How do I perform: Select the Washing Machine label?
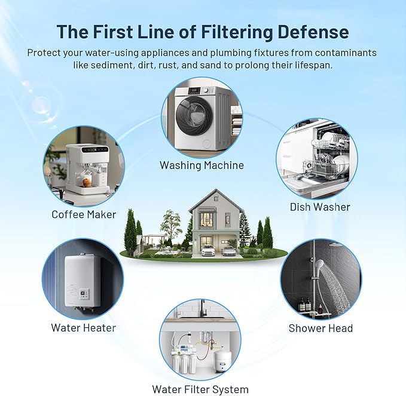[x=202, y=165]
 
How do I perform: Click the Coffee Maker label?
[x=83, y=214]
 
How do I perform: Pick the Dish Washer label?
[x=320, y=207]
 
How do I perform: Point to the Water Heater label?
[x=83, y=327]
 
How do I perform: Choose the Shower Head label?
[x=320, y=328]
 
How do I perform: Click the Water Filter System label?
[x=200, y=389]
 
